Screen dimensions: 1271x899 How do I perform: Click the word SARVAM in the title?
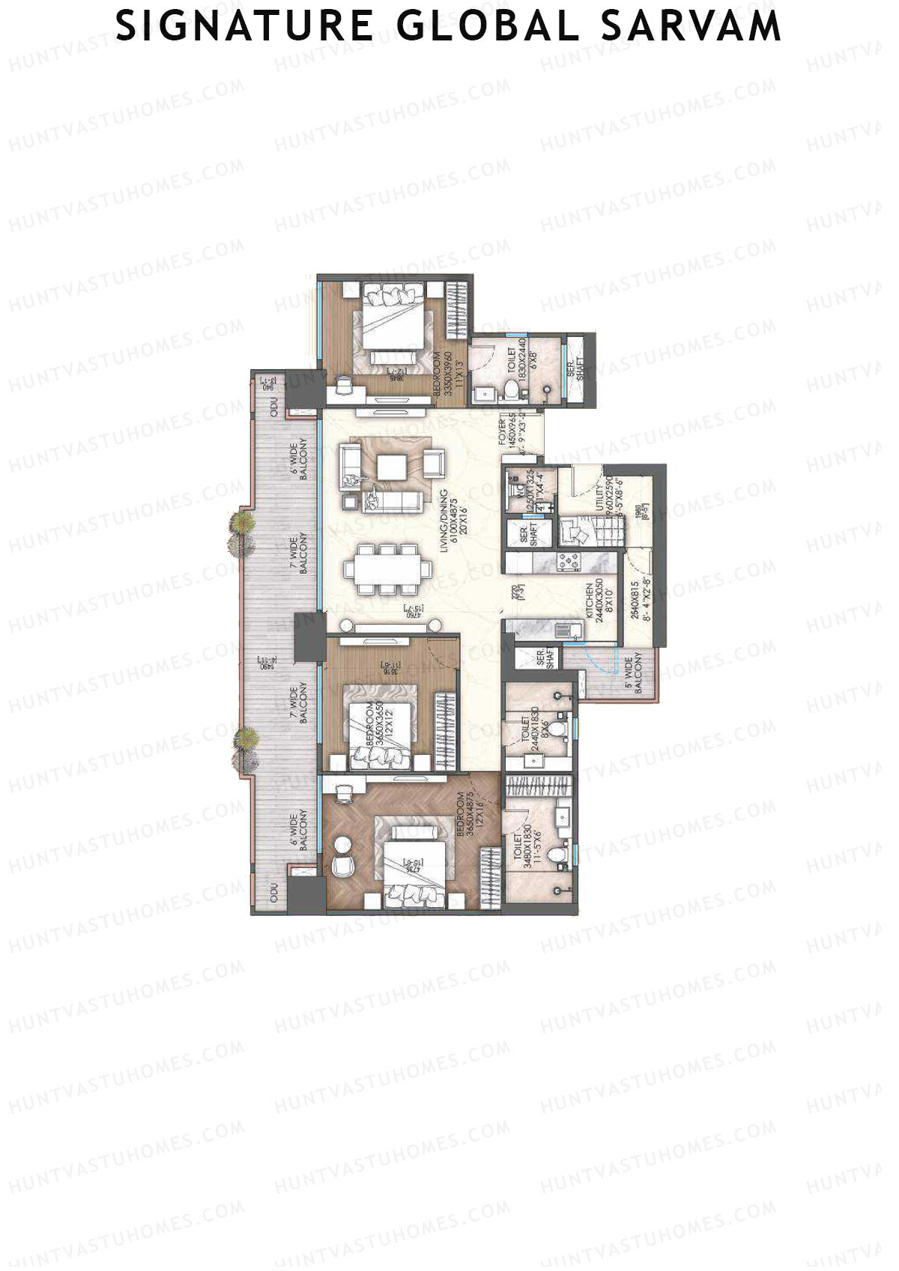[x=692, y=26]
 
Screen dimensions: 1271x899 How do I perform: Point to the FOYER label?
[x=503, y=432]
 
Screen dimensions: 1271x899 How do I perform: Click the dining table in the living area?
[x=388, y=570]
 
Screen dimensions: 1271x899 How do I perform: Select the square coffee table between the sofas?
[x=392, y=467]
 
